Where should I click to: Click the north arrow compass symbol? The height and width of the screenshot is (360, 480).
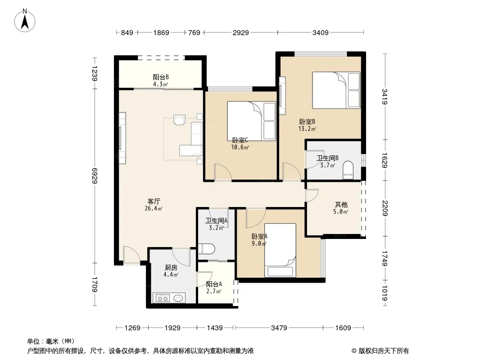[25, 21]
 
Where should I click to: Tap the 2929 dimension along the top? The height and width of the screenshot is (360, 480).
[240, 32]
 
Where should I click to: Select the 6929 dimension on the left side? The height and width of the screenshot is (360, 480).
[94, 175]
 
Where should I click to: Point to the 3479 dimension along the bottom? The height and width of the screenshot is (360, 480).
[279, 328]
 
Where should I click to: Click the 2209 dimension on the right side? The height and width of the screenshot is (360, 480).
[385, 208]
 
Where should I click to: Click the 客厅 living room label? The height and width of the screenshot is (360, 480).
[154, 201]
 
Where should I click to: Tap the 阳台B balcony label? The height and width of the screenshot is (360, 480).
[161, 77]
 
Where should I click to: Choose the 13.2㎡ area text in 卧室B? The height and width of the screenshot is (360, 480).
[307, 129]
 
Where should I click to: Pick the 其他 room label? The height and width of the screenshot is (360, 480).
[341, 204]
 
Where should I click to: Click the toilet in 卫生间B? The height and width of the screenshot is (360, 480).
[348, 170]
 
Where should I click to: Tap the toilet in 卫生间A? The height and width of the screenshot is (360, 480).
[206, 248]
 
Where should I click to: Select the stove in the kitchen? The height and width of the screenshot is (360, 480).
[163, 297]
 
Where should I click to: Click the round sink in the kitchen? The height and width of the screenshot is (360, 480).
[178, 297]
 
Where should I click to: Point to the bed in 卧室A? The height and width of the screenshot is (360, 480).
[280, 250]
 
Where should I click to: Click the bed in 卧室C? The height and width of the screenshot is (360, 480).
[251, 121]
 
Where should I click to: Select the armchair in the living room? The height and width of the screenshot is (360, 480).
[179, 120]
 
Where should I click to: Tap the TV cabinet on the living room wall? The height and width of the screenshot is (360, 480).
[122, 138]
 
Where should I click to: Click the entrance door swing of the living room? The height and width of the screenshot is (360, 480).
[131, 255]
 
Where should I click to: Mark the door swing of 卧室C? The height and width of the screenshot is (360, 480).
[222, 172]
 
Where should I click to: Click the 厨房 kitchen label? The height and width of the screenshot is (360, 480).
[171, 268]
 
